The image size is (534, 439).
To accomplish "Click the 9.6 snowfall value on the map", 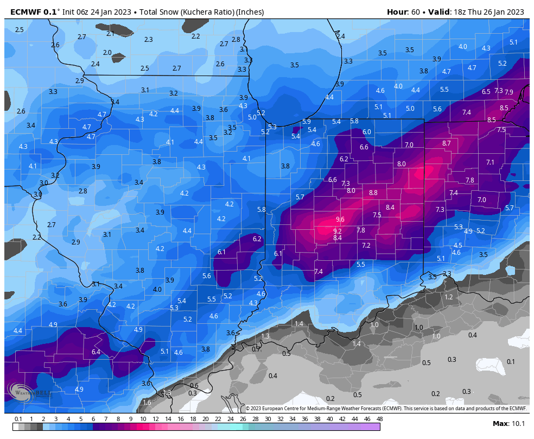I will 340,220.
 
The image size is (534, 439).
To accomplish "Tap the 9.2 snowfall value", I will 337,230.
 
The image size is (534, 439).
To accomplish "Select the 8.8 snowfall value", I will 373,193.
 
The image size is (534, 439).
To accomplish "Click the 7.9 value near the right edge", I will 508,92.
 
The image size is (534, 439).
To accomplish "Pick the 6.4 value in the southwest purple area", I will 96,352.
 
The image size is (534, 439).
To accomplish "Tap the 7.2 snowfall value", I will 366,246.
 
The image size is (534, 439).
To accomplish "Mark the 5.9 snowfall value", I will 307,122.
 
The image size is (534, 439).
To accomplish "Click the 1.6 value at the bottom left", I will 147,403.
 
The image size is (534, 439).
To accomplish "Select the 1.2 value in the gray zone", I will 448,297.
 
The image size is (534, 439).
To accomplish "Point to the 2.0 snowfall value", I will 107,53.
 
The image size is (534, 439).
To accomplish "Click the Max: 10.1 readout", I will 508,424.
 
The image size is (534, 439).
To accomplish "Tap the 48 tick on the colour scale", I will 379,419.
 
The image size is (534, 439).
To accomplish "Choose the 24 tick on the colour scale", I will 230,419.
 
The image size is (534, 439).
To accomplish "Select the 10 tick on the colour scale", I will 143,419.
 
